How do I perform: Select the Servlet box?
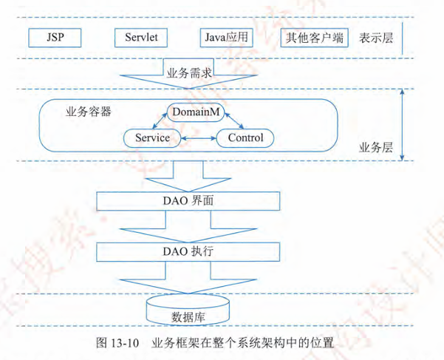[x=141, y=37]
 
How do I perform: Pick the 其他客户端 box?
[x=314, y=37]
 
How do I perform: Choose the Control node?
[x=245, y=138]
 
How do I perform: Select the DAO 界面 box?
[x=188, y=200]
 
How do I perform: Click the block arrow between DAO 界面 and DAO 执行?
[x=188, y=225]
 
